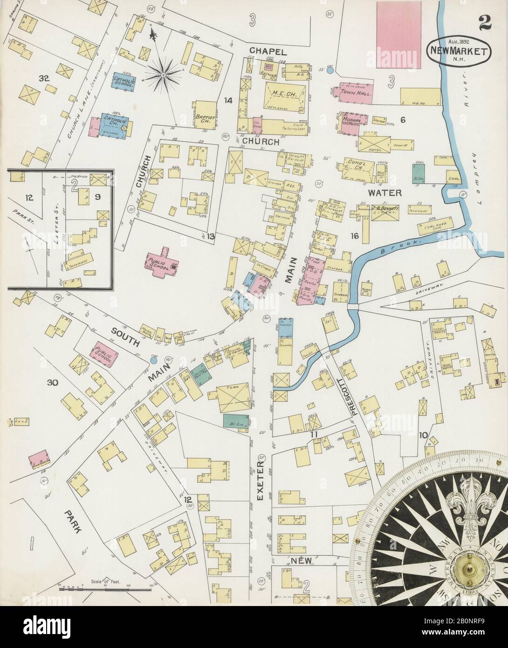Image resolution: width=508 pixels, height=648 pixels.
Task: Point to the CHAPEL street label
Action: [x=267, y=50]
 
